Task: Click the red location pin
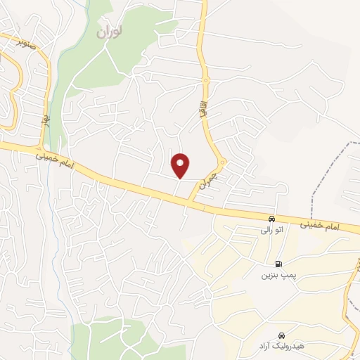[181, 165]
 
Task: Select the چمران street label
[205, 181]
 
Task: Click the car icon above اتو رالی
[272, 218]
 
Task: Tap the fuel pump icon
[279, 264]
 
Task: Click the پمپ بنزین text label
[276, 275]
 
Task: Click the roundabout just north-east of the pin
[221, 163]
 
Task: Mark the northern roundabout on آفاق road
[205, 79]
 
